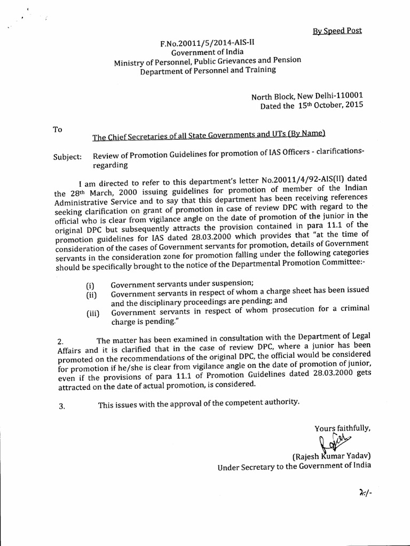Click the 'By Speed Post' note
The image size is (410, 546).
(x=337, y=30)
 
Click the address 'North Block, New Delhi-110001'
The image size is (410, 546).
(x=307, y=97)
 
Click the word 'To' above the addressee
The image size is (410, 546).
(x=58, y=129)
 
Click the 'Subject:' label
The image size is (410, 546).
(x=68, y=157)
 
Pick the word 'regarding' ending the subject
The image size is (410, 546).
(x=111, y=165)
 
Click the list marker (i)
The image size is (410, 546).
(x=90, y=285)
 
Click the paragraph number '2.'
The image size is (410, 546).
(x=60, y=341)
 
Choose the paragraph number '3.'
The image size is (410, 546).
(x=61, y=406)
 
